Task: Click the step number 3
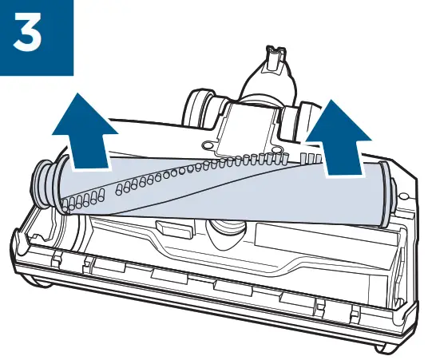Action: [36, 37]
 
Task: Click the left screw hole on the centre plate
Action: [208, 146]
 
